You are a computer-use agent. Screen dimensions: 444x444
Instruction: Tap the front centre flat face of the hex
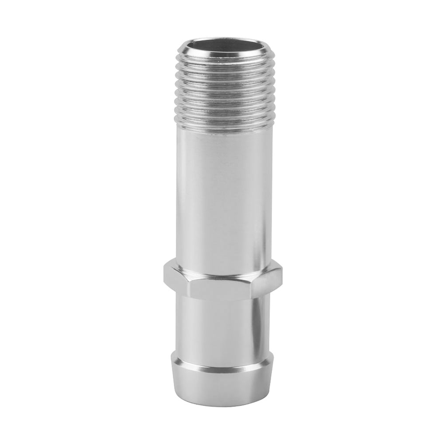[x=222, y=286]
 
